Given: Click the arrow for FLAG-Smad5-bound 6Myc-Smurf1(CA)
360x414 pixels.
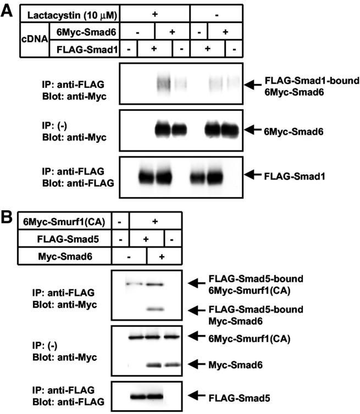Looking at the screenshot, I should click(x=200, y=283).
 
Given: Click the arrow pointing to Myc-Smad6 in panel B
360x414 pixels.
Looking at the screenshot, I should click(x=200, y=363).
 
